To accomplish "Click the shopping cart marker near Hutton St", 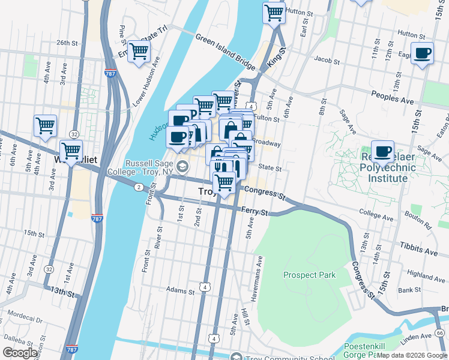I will tap(274, 13).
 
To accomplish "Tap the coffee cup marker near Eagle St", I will tap(422, 53).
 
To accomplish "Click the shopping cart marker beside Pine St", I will tap(139, 53).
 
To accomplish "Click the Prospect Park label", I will tap(309, 275).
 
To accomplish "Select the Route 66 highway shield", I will tap(440, 332).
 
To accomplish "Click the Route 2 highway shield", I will tap(139, 188).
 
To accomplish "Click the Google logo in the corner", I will tap(20, 353).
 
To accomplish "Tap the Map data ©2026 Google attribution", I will tap(412, 356).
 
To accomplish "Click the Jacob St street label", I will tap(327, 60).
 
